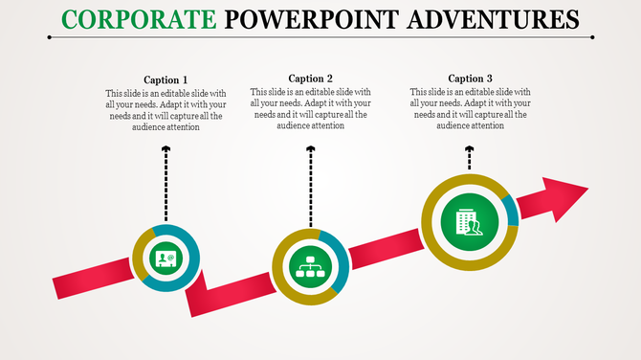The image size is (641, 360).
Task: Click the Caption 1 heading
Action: (166, 79)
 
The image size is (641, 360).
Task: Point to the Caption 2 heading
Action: (310, 79)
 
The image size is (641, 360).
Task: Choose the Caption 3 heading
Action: (471, 79)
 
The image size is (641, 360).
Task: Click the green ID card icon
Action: (166, 258)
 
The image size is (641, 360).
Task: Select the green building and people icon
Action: (469, 222)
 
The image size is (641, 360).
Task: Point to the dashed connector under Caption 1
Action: (166, 187)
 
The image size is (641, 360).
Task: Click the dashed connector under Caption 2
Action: (310, 187)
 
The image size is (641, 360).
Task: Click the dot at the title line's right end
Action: (593, 37)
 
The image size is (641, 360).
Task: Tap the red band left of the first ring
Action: (91, 283)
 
